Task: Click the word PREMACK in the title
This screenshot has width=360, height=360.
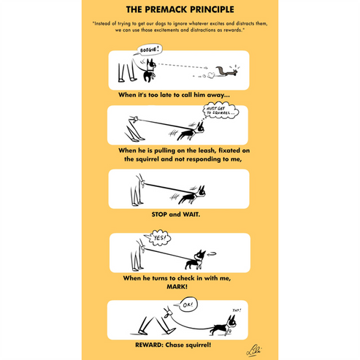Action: point(172,10)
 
